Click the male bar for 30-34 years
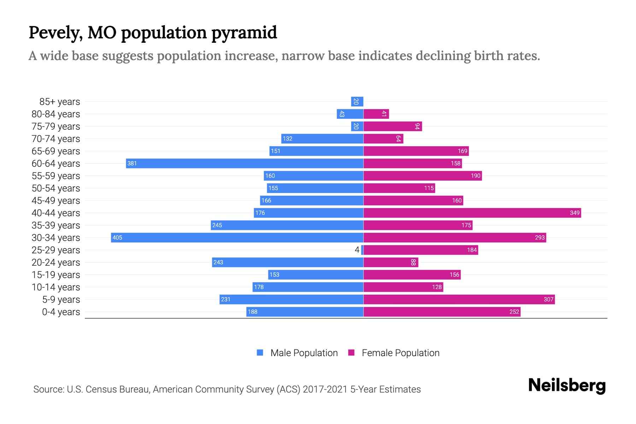(237, 237)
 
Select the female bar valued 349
(472, 213)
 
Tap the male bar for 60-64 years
(245, 163)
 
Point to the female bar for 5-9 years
(459, 299)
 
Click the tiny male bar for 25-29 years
(362, 250)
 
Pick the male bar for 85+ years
(357, 101)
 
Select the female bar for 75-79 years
(393, 126)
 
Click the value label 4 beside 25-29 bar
(357, 250)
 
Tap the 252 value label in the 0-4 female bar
(514, 312)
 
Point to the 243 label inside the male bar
(218, 262)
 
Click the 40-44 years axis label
(56, 213)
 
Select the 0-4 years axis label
(61, 312)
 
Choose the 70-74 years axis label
(56, 139)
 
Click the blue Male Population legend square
(260, 353)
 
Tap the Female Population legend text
(400, 353)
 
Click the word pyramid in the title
(244, 33)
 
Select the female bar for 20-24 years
(391, 262)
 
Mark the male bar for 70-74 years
(322, 139)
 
